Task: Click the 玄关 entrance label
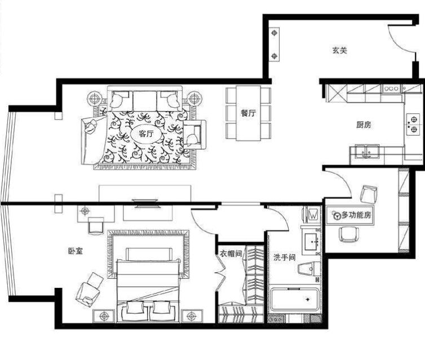click(x=340, y=50)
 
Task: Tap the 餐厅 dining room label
click(x=248, y=113)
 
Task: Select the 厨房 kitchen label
click(x=364, y=125)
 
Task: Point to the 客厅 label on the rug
click(x=146, y=134)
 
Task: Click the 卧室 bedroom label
click(x=76, y=251)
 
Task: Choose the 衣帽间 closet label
click(x=231, y=254)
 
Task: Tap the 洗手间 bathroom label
click(x=284, y=257)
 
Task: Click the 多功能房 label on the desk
click(x=356, y=215)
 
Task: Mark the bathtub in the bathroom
click(x=294, y=300)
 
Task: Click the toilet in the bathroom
click(x=309, y=269)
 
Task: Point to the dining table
click(x=248, y=113)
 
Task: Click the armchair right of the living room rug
click(x=194, y=135)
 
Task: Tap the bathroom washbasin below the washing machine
click(x=312, y=241)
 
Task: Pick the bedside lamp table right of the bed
click(x=192, y=316)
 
